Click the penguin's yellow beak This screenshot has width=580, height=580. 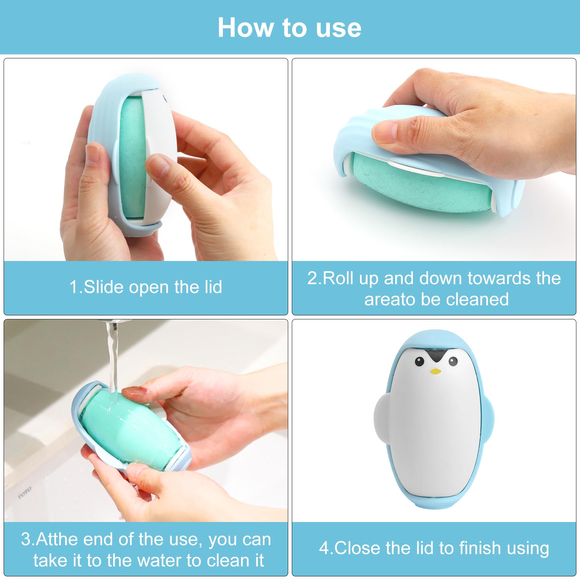[435, 372]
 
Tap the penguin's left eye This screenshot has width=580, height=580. [419, 361]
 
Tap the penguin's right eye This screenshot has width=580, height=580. [453, 361]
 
